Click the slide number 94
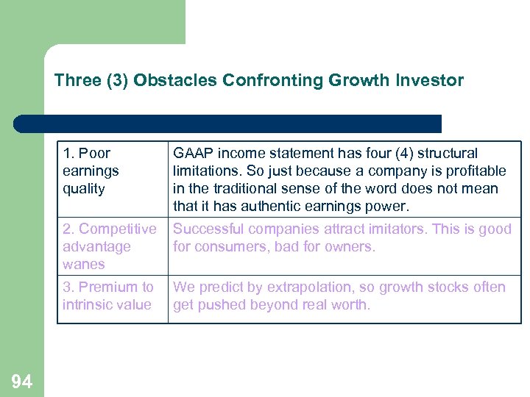click(x=21, y=381)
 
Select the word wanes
click(x=84, y=265)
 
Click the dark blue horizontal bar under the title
click(x=228, y=124)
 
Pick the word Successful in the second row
click(x=207, y=229)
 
